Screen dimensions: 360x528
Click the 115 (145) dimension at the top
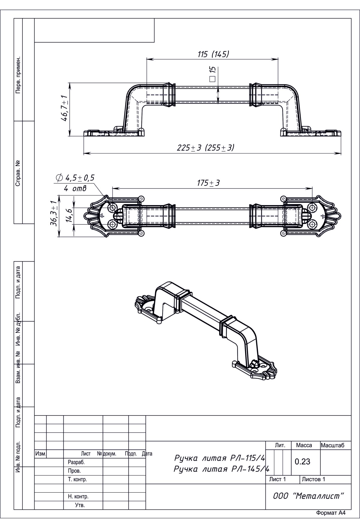[x=213, y=54]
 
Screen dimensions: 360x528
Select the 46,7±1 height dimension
[x=64, y=108]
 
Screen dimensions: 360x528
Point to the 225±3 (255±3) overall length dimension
[x=205, y=148]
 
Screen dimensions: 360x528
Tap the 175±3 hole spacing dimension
[x=208, y=183]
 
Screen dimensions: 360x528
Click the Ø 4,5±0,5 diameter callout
[x=75, y=178]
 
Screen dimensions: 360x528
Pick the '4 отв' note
[x=75, y=188]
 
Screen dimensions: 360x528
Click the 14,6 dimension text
[x=69, y=216]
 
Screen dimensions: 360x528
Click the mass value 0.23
[x=302, y=461]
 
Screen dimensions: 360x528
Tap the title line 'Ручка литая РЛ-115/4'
[x=220, y=458]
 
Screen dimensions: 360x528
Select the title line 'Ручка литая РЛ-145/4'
[x=221, y=469]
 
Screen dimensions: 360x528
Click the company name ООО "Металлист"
[x=308, y=496]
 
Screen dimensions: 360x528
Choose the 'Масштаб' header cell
[x=332, y=445]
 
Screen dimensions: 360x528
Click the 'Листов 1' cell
[x=313, y=479]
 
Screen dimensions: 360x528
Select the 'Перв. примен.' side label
[x=18, y=75]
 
